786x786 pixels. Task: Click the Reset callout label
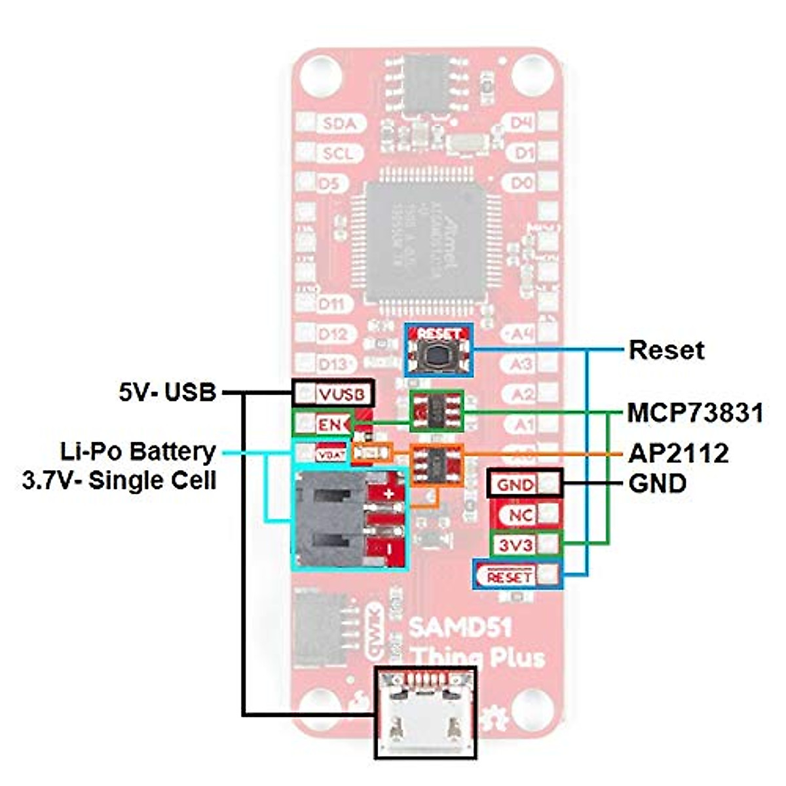pyautogui.click(x=666, y=350)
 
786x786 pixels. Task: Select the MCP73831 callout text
pyautogui.click(x=695, y=413)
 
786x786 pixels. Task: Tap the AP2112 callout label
pyautogui.click(x=679, y=453)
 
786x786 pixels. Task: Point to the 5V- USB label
pyautogui.click(x=167, y=392)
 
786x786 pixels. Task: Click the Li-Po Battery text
pyautogui.click(x=138, y=452)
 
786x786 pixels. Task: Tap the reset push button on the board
pyautogui.click(x=438, y=356)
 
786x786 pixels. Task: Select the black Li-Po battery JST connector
pyautogui.click(x=327, y=517)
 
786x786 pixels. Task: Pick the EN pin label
pyautogui.click(x=329, y=424)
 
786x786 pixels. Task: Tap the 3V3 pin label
pyautogui.click(x=515, y=544)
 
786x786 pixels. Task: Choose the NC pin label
pyautogui.click(x=520, y=515)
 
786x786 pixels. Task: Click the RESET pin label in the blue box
pyautogui.click(x=509, y=577)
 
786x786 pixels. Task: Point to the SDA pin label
pyautogui.click(x=340, y=123)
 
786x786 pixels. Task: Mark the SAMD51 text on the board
pyautogui.click(x=460, y=627)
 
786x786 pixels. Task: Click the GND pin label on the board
pyautogui.click(x=515, y=485)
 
